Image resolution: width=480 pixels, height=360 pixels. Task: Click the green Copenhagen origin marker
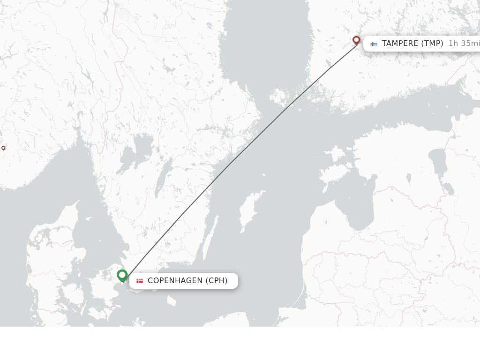click(122, 275)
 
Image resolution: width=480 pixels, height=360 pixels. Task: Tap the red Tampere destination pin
click(356, 40)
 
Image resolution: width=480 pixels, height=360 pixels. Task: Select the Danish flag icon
click(140, 281)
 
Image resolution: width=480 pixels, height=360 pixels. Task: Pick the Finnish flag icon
click(374, 44)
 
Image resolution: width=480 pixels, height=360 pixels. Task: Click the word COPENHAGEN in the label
click(175, 281)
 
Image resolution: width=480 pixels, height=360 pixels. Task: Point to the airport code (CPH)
click(217, 281)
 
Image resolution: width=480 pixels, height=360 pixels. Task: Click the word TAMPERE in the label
click(400, 44)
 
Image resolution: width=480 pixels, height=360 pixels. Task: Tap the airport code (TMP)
click(432, 44)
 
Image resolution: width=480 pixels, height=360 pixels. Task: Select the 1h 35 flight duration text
click(463, 44)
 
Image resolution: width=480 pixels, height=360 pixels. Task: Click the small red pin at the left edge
click(3, 148)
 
